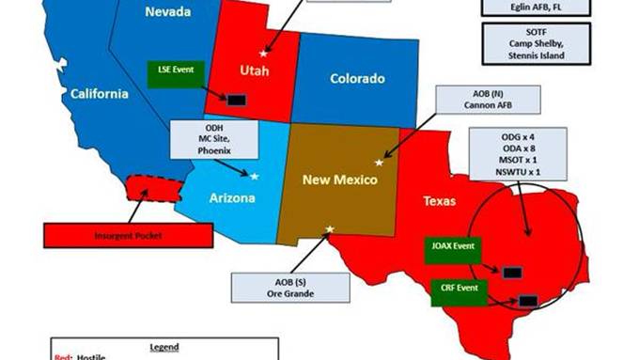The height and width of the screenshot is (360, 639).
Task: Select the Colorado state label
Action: (357, 79)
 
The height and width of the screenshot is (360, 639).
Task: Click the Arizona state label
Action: (232, 199)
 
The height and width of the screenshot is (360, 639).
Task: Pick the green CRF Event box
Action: (458, 290)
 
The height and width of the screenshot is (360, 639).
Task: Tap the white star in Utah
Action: (263, 55)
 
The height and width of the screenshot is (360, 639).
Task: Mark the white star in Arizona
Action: (254, 175)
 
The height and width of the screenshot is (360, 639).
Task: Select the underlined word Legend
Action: (164, 346)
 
